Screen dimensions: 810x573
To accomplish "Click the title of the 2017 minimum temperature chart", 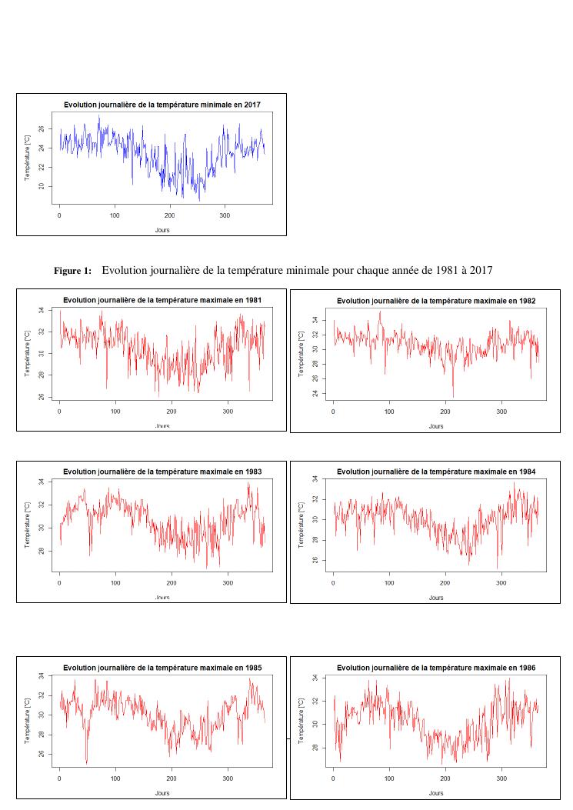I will [x=162, y=105].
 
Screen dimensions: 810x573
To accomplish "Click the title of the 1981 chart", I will [x=162, y=300].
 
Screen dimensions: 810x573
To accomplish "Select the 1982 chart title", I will [x=436, y=301].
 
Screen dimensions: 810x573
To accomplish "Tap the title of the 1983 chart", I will [x=162, y=472].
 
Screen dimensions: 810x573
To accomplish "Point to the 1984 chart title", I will [x=436, y=472].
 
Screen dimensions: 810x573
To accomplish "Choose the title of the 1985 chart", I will [x=162, y=667].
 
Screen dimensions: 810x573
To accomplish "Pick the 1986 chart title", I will [x=436, y=668].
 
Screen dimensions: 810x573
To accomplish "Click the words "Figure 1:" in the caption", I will [x=73, y=271].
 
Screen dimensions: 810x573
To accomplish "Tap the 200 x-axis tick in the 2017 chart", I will [x=170, y=215].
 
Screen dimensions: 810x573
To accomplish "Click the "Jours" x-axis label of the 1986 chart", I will [x=436, y=793].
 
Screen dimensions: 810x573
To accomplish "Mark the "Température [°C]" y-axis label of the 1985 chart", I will [x=28, y=715].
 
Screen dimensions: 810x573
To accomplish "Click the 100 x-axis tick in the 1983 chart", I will [x=115, y=582].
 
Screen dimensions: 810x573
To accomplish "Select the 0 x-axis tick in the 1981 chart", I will [x=59, y=412].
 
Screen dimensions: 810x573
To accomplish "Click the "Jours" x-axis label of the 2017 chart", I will [x=162, y=229].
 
